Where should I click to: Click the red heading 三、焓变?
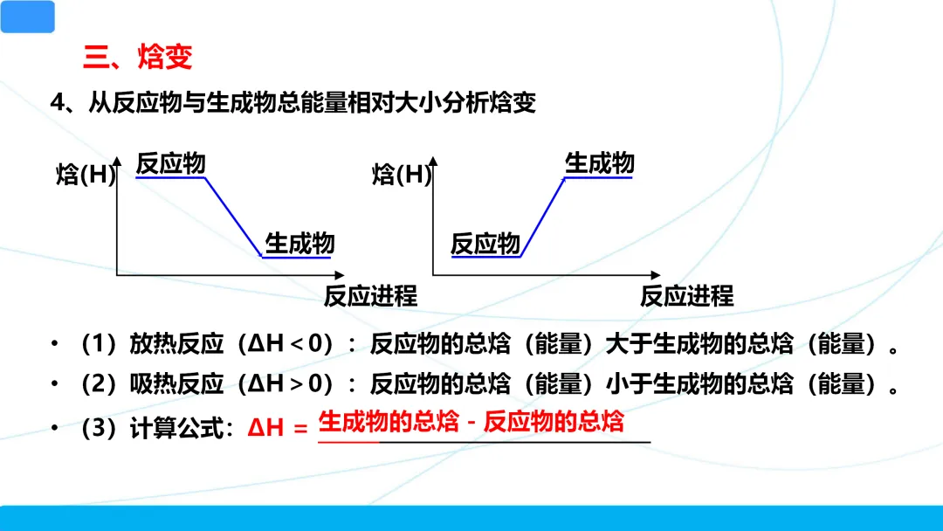(x=138, y=58)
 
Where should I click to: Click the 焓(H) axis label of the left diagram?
(x=86, y=175)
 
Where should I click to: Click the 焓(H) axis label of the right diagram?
(x=402, y=175)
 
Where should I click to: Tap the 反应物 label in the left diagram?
(x=171, y=163)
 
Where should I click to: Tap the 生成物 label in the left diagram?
(x=299, y=242)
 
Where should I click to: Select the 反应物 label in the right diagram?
(x=485, y=244)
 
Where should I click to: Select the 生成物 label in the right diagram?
(x=600, y=163)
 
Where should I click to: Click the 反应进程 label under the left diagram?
(x=370, y=296)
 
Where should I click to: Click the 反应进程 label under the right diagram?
(x=687, y=296)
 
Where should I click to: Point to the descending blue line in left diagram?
(x=234, y=217)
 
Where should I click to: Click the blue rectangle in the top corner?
(x=27, y=17)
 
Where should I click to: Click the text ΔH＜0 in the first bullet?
(x=291, y=345)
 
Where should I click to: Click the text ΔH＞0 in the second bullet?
(x=291, y=383)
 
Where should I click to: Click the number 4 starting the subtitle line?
(x=58, y=104)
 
